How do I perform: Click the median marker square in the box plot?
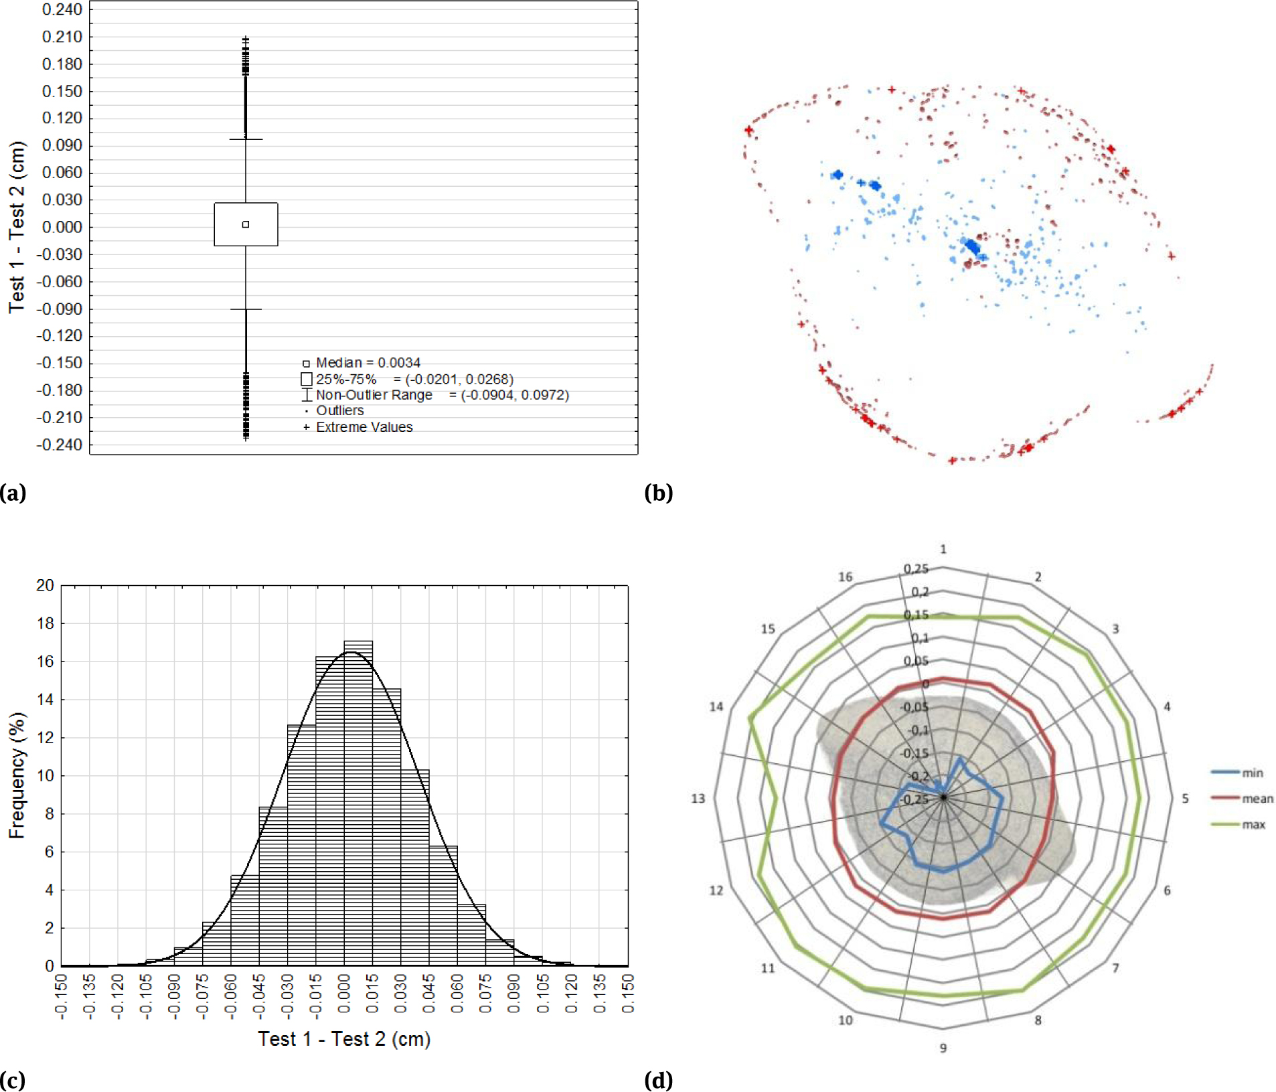(x=246, y=224)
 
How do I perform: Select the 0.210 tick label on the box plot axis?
(x=62, y=37)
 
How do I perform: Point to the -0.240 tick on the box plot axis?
(x=60, y=445)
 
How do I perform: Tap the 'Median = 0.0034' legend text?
(x=368, y=363)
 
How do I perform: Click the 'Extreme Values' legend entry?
(x=364, y=427)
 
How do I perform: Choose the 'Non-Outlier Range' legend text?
(x=374, y=395)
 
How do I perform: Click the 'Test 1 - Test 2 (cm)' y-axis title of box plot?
(x=17, y=227)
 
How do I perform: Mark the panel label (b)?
(x=658, y=493)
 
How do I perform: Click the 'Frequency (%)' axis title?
(x=17, y=775)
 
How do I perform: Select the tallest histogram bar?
(x=358, y=803)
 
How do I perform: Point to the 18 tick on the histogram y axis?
(x=46, y=623)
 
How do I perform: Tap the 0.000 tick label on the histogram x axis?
(x=344, y=996)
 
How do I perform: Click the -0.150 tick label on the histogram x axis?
(x=61, y=996)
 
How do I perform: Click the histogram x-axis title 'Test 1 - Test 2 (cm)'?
(x=344, y=1039)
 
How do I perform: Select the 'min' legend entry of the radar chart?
(x=1252, y=773)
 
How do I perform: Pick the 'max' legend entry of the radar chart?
(x=1253, y=824)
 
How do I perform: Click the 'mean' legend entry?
(x=1257, y=798)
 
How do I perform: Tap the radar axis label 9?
(x=943, y=1048)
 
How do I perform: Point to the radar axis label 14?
(x=716, y=706)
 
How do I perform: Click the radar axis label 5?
(x=1185, y=798)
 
